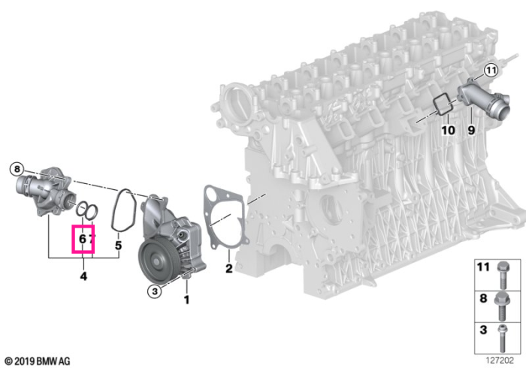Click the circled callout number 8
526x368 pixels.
(17, 168)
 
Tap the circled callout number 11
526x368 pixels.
(491, 71)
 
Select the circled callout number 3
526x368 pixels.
(155, 291)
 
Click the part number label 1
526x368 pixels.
(186, 300)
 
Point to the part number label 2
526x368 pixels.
(228, 268)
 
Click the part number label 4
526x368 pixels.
(83, 276)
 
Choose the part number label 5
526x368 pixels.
(118, 246)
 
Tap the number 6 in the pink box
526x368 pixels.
(82, 239)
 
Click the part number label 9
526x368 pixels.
(471, 130)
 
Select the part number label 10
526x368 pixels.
(448, 130)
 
